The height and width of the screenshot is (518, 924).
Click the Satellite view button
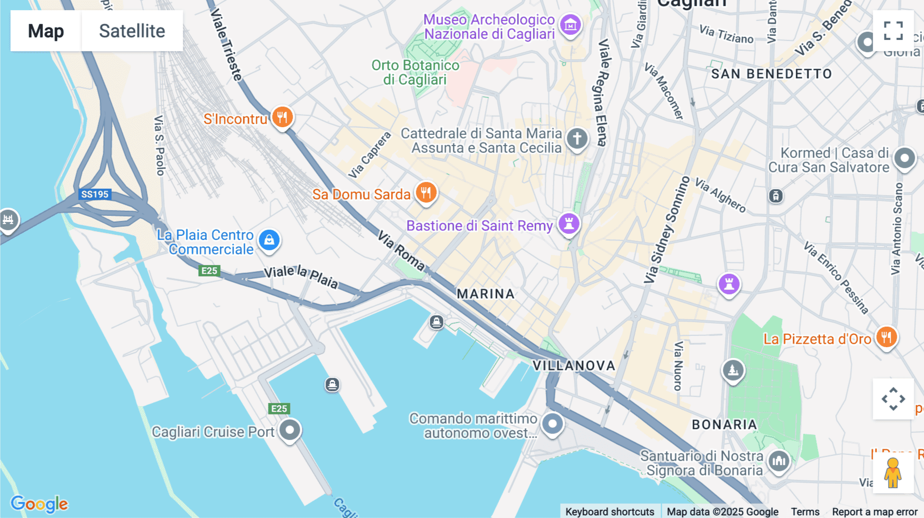132,31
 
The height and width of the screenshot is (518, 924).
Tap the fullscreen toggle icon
893,31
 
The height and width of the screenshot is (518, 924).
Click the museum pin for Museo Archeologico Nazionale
570,25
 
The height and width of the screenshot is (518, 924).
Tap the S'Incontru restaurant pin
282,117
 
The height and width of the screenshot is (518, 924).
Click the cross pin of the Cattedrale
577,138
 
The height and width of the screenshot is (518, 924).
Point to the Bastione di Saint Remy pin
569,224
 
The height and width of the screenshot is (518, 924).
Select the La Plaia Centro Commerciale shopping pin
269,240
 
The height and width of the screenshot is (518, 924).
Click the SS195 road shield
95,194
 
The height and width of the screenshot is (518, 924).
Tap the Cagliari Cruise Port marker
290,430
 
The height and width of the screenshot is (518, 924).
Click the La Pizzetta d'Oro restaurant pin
887,337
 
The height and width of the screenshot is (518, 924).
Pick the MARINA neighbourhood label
486,294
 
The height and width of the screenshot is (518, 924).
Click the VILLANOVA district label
574,366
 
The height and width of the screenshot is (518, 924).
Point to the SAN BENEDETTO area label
771,74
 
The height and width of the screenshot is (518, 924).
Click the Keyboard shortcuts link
609,511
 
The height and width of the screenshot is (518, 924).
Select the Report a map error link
875,511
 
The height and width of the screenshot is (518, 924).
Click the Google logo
40,504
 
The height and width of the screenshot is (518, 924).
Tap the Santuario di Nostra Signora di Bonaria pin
779,461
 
